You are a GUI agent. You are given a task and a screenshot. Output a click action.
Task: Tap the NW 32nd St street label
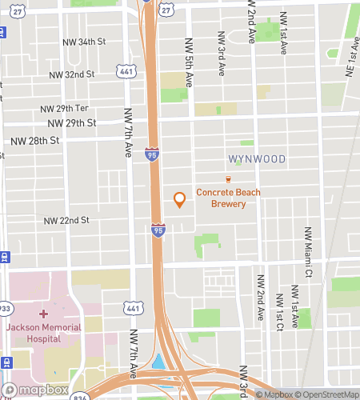click(71, 74)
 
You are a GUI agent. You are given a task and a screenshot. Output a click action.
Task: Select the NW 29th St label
click(71, 123)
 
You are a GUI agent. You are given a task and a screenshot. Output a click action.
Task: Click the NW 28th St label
click(35, 140)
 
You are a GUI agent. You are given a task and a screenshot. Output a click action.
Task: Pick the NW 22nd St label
click(66, 220)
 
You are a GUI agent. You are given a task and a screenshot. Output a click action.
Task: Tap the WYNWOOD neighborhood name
click(256, 159)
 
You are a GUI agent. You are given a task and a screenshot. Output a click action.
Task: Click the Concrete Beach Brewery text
click(228, 198)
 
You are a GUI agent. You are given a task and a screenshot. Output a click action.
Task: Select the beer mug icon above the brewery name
click(228, 179)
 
